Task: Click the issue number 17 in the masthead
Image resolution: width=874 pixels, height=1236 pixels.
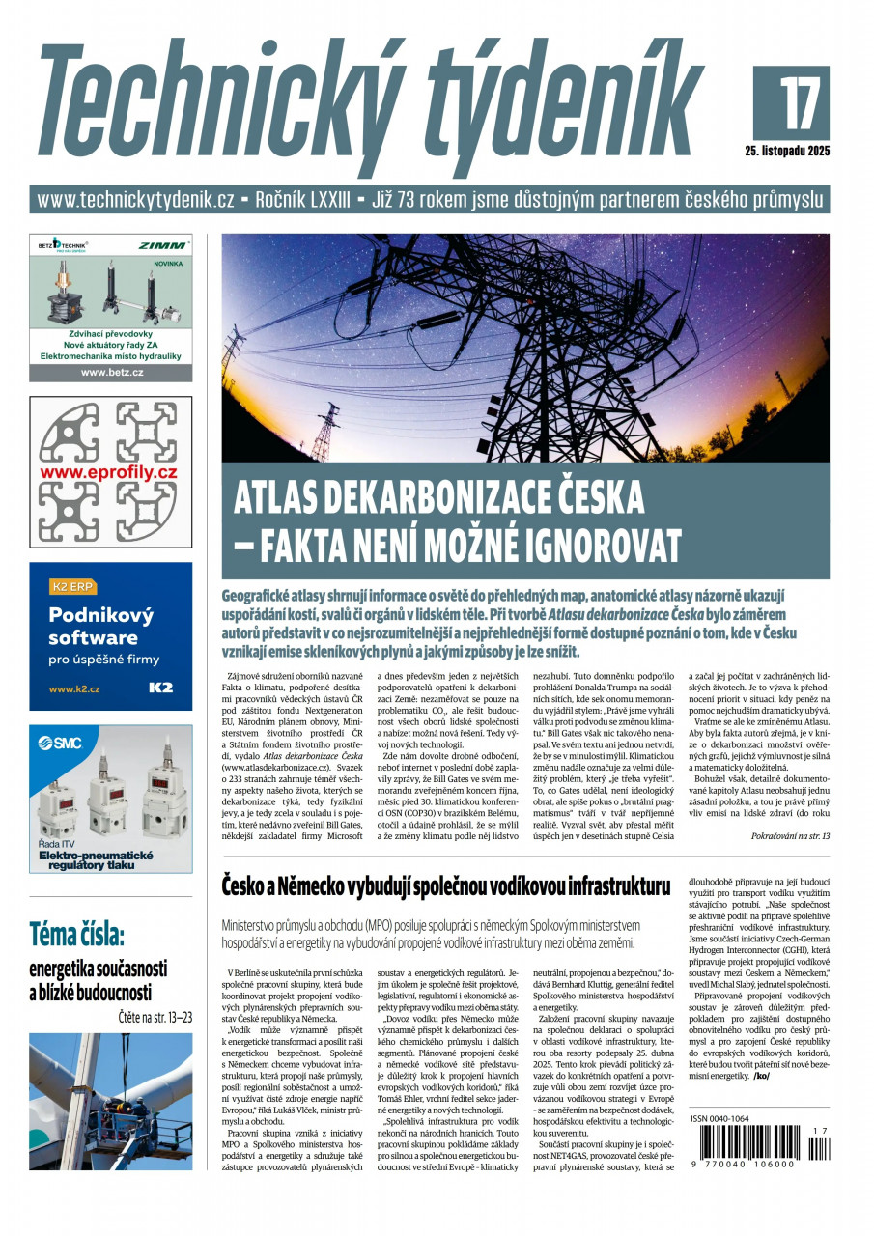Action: coord(791,101)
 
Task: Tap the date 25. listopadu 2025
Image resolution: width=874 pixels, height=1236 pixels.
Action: coord(787,151)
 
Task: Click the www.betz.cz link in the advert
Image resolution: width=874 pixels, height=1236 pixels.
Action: coord(111,372)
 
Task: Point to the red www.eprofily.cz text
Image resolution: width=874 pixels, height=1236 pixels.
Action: coord(109,472)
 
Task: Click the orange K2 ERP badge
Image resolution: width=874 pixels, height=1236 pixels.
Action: coord(72,585)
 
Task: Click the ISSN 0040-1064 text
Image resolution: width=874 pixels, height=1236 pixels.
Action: coord(719,1119)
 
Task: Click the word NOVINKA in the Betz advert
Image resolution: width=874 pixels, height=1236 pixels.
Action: coord(169,263)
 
